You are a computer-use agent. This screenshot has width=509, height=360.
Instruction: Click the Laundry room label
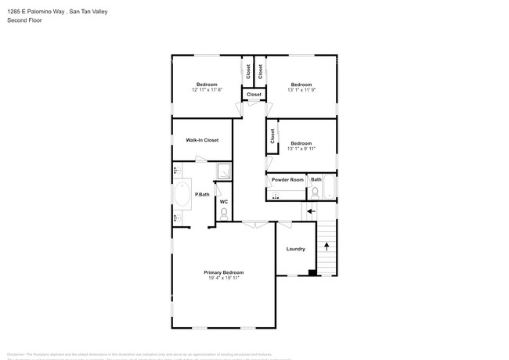pyautogui.click(x=295, y=249)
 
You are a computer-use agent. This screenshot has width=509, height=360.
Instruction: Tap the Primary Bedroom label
pyautogui.click(x=223, y=272)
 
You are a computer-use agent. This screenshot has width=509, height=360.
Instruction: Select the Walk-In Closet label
pyautogui.click(x=202, y=140)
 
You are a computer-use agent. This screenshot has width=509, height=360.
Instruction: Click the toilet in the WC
pyautogui.click(x=224, y=212)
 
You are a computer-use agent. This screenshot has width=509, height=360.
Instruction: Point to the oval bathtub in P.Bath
pyautogui.click(x=182, y=195)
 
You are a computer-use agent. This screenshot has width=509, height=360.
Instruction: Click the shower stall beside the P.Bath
pyautogui.click(x=224, y=171)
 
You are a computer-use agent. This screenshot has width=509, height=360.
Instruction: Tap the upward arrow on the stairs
pyautogui.click(x=327, y=247)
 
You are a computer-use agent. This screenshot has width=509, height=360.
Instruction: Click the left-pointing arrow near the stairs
pyautogui.click(x=311, y=211)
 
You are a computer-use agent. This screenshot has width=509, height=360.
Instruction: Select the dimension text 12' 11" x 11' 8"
pyautogui.click(x=207, y=90)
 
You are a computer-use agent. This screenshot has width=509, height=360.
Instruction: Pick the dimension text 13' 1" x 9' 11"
pyautogui.click(x=301, y=149)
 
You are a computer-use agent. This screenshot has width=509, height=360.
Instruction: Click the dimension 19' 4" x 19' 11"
pyautogui.click(x=223, y=278)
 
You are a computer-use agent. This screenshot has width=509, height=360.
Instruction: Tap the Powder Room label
pyautogui.click(x=287, y=180)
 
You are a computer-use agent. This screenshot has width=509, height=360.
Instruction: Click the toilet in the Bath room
pyautogui.click(x=315, y=191)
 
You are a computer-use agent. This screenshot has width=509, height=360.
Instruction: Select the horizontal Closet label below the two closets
pyautogui.click(x=254, y=95)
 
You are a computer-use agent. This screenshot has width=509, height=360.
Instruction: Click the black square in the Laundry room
pyautogui.click(x=313, y=273)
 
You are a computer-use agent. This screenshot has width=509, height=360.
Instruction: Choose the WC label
pyautogui.click(x=223, y=202)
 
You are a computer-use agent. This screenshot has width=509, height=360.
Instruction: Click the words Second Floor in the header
pyautogui.click(x=25, y=20)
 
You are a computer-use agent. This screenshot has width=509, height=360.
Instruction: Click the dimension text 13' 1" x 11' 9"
pyautogui.click(x=301, y=90)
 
